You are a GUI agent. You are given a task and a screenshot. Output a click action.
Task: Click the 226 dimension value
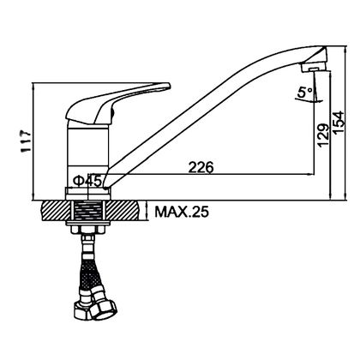pos(201,167)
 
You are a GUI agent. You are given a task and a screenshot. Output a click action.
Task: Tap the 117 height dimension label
pos(26,142)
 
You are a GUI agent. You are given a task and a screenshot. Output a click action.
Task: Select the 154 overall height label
pos(339,123)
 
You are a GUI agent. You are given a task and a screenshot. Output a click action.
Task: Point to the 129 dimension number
pos(323,135)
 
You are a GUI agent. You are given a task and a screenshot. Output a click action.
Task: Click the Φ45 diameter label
pos(87,181)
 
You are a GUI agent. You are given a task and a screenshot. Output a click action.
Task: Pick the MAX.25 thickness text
pos(182,213)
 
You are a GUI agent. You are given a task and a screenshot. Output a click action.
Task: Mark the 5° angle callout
pos(304,93)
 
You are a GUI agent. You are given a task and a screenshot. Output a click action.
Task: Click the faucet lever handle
pos(117,104)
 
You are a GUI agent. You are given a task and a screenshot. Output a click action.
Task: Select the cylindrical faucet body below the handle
pos(87,155)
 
